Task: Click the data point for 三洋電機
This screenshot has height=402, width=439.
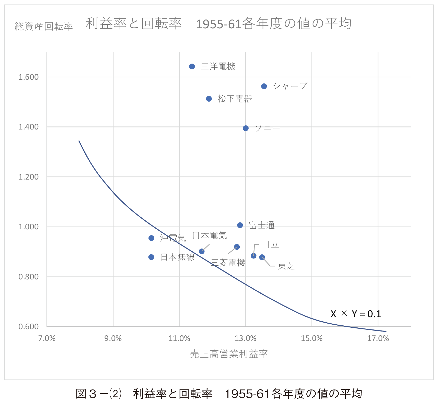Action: click(192, 67)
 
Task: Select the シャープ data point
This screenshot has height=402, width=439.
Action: click(264, 86)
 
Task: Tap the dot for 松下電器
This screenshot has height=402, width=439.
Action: click(209, 99)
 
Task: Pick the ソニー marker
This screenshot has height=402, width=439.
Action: click(246, 128)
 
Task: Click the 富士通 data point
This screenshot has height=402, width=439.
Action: click(240, 225)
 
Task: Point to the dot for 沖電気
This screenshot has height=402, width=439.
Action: click(151, 238)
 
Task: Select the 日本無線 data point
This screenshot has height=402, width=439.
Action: click(151, 257)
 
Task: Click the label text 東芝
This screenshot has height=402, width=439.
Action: click(286, 266)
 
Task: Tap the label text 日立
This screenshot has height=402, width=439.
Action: click(271, 244)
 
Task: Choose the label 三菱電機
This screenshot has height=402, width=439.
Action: click(228, 263)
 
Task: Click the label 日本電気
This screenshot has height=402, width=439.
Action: click(210, 235)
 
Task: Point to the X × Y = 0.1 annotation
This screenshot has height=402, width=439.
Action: click(356, 314)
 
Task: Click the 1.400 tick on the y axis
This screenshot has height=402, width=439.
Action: click(28, 127)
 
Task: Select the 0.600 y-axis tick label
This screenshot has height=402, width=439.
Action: click(28, 326)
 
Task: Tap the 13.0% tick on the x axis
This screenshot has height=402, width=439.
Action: click(246, 338)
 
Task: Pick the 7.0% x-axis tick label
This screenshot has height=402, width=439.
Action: click(47, 338)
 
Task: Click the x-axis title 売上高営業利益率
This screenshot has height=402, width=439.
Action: click(229, 354)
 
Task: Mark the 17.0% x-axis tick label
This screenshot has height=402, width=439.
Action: click(378, 338)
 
